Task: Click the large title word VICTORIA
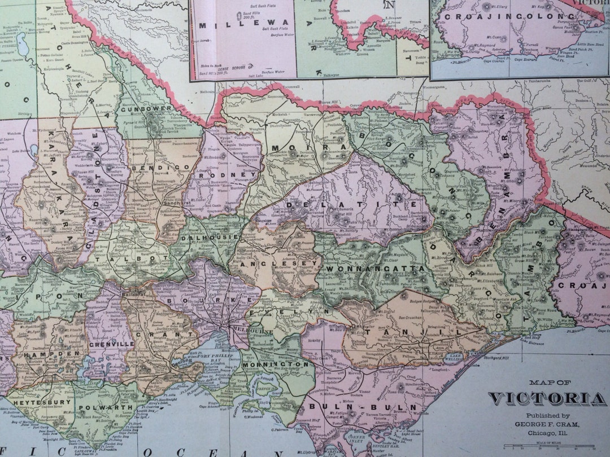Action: [547, 399]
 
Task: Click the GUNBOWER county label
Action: [142, 109]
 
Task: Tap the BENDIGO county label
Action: [154, 168]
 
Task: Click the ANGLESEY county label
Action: [272, 263]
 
